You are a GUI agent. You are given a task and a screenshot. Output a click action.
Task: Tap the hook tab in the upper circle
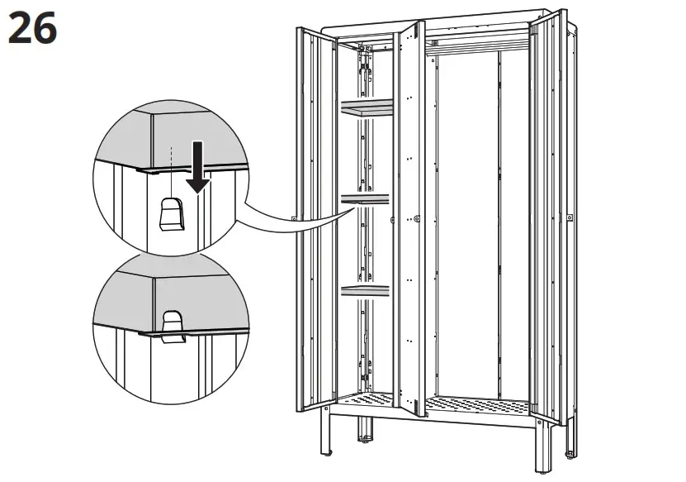[171, 215]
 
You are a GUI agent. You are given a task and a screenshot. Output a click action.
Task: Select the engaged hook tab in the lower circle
[173, 326]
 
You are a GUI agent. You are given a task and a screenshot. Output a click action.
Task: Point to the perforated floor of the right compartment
[479, 405]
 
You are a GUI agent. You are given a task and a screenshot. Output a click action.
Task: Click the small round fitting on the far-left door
[295, 218]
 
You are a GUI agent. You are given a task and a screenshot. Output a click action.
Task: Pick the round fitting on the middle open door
[417, 219]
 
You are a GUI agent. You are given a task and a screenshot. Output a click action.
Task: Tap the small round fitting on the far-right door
[570, 217]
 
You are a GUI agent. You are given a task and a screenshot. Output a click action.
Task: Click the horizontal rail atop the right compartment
[479, 42]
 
